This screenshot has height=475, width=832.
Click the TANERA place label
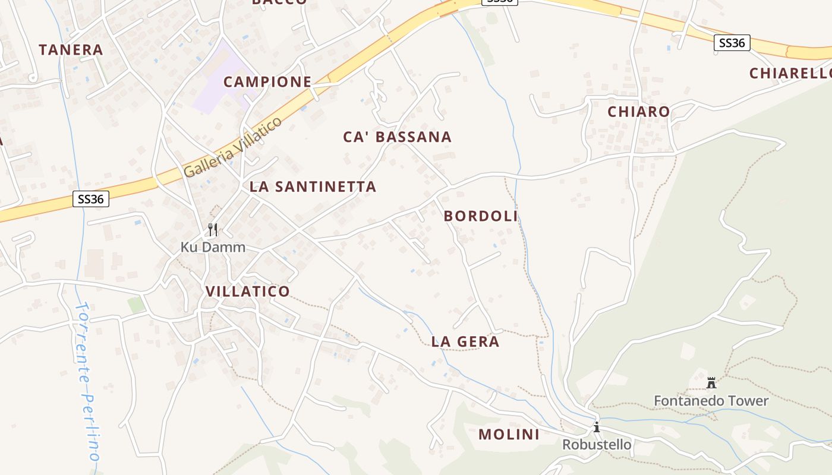tap(71, 50)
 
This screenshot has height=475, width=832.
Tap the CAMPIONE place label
tap(267, 82)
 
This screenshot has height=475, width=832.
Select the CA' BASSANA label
tap(398, 137)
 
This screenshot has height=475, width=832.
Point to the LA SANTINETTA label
tap(313, 186)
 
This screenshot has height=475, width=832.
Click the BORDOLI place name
tap(481, 216)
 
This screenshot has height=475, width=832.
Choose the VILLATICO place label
tap(248, 292)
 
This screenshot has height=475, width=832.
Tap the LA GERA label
tap(465, 341)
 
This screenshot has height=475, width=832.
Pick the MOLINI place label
tap(509, 435)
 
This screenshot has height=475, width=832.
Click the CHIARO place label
tap(639, 112)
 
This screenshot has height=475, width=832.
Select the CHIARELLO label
tap(790, 74)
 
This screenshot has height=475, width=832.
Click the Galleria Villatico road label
tap(232, 148)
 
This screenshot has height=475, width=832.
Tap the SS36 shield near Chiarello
tap(732, 43)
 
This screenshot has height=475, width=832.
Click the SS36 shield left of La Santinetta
tap(91, 199)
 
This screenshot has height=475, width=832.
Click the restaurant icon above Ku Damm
tap(213, 229)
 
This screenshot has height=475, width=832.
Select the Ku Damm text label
tap(213, 247)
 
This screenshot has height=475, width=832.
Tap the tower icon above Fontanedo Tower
tap(711, 382)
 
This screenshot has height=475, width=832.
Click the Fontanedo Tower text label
tap(711, 401)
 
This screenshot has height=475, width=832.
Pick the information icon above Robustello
tap(597, 427)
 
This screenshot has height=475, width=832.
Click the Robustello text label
tap(597, 445)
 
